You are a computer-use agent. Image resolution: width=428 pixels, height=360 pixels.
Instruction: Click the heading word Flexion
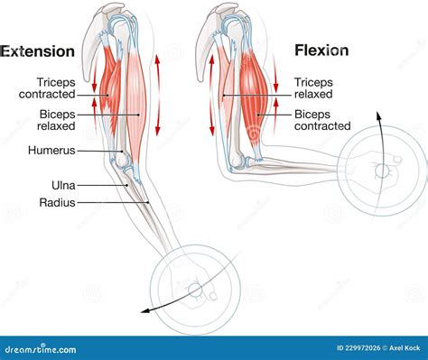tap(322, 51)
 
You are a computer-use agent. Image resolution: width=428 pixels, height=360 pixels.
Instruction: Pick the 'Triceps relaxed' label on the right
tap(320, 87)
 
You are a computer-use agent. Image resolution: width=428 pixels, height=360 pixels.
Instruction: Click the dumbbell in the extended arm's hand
tap(193, 289)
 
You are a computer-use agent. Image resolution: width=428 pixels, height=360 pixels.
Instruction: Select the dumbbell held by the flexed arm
tap(381, 170)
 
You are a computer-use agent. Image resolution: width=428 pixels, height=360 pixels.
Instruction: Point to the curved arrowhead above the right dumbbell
tap(379, 114)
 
